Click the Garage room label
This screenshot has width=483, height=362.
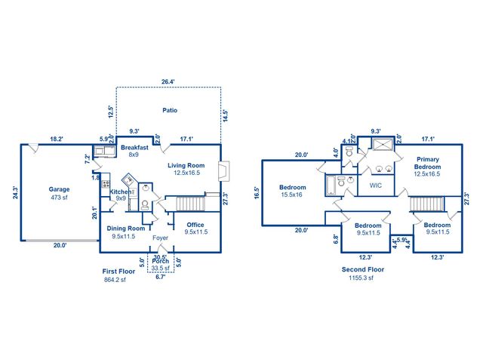[60, 189]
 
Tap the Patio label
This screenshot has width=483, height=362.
[170, 110]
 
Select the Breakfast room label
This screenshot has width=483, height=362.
[134, 147]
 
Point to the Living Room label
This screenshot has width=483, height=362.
[186, 165]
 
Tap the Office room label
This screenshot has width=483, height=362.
[195, 224]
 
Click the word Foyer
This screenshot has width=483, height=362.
[161, 238]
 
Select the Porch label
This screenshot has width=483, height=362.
[160, 260]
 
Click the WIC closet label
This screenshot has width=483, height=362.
[375, 184]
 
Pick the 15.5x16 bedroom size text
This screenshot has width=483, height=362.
[291, 195]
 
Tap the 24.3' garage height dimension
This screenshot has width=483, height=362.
[16, 192]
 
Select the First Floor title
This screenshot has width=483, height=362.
[118, 270]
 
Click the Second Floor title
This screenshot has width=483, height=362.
[363, 268]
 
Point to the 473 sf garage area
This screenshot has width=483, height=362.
[60, 198]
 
